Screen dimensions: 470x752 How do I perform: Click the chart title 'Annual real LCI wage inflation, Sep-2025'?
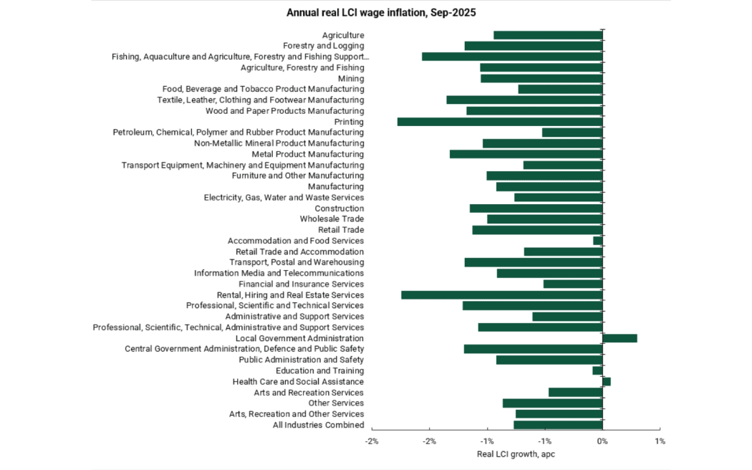click(376, 12)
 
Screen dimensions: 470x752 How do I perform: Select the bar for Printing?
click(500, 122)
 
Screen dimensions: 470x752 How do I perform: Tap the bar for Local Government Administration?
click(620, 338)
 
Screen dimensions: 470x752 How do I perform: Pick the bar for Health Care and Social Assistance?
click(607, 382)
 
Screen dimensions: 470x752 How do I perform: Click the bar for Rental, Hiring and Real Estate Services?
click(502, 294)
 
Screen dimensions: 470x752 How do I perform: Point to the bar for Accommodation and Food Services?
click(598, 241)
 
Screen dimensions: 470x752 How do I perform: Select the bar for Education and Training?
click(597, 370)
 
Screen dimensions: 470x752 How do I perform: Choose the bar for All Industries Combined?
click(558, 425)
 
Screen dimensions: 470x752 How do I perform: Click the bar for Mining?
click(541, 78)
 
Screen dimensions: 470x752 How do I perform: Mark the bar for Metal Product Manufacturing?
click(526, 154)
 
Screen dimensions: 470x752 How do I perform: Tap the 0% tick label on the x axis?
click(602, 441)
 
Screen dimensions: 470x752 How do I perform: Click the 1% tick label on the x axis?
click(660, 441)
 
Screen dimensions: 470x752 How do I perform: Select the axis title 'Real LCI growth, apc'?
click(516, 454)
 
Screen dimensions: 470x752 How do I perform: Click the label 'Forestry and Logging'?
click(324, 46)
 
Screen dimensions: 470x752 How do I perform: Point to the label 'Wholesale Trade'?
click(332, 219)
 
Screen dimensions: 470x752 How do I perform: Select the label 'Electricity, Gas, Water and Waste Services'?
click(284, 197)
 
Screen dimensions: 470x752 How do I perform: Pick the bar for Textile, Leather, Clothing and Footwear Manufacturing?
click(524, 100)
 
